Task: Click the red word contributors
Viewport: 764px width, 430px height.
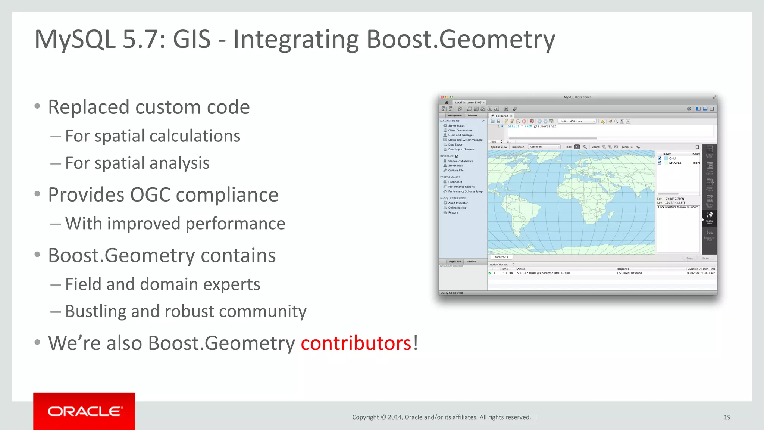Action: point(356,343)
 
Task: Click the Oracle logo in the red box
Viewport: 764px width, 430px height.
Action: point(85,411)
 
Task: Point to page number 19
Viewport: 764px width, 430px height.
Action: point(727,417)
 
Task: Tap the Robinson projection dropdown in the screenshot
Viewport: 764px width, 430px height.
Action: point(544,147)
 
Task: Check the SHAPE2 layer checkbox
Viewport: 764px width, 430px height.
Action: point(660,163)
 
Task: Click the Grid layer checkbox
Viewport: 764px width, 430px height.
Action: point(660,158)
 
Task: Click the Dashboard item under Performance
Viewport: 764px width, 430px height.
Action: point(455,182)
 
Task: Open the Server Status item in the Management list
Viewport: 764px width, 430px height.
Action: point(456,126)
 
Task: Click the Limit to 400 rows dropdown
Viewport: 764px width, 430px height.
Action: point(576,121)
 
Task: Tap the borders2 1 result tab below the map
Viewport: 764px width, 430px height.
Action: point(501,257)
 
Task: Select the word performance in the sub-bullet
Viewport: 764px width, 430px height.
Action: point(235,224)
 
